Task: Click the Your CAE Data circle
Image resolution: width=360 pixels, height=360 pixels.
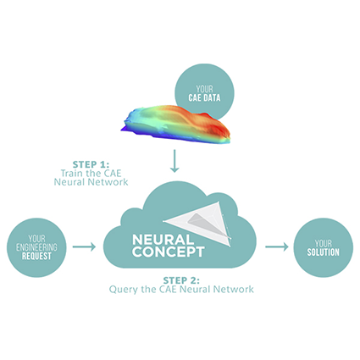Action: pos(204,86)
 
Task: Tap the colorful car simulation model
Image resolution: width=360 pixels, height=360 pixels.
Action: pos(174,125)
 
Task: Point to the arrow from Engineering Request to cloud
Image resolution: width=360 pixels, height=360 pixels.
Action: pos(84,247)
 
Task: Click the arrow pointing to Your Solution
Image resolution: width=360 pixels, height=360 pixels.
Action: pos(276,247)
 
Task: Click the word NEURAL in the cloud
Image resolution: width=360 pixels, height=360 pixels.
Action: pos(161,238)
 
